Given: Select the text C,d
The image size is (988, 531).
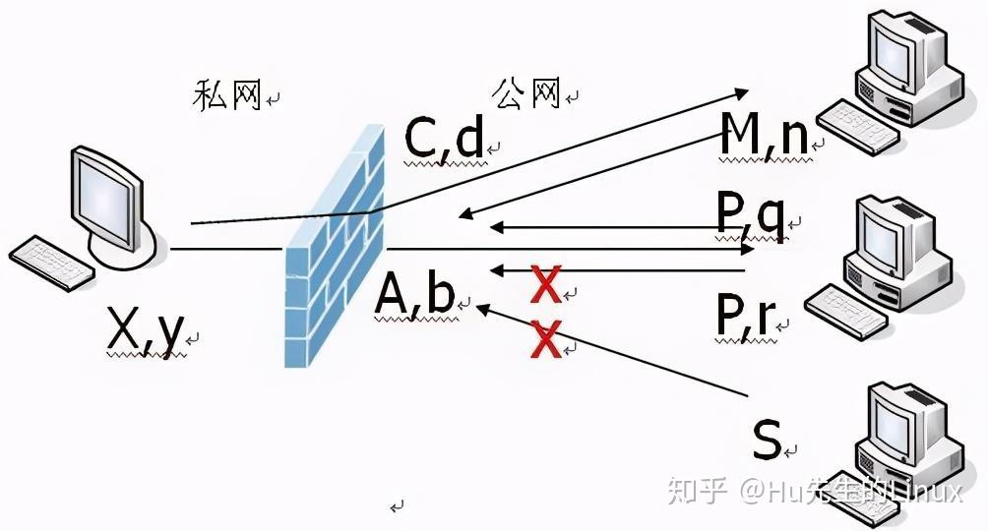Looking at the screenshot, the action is (x=445, y=140).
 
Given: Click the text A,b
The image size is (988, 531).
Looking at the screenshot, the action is (x=415, y=294).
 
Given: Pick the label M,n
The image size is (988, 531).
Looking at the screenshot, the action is (x=764, y=137).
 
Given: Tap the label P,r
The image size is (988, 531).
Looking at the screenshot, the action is (x=746, y=314).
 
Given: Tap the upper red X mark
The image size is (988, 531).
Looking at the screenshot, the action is (x=545, y=284).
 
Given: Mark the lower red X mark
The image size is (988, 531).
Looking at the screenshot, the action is (x=545, y=340).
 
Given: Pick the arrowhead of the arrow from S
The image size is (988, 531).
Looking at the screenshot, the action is (x=482, y=309).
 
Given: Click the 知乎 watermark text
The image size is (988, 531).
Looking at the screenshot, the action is (x=697, y=489).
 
